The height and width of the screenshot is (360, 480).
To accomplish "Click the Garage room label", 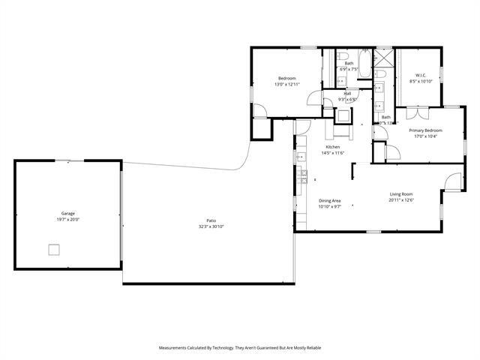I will coord(67,213).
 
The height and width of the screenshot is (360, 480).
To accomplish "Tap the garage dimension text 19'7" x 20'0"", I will coord(67,219).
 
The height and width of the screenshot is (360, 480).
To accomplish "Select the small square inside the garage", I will coord(54,250).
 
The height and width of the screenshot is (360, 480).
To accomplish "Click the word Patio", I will coord(211,220).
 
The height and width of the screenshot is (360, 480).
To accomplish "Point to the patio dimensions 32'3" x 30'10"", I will coord(211,226).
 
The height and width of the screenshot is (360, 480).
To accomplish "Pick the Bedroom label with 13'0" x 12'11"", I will coord(286,79).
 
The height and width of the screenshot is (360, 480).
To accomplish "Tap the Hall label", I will coord(347,93).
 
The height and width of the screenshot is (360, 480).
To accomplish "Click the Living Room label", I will coord(402,194).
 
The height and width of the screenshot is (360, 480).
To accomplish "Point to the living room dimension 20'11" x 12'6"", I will coord(402,200).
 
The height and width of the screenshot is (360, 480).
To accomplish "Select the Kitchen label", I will coord(332,147).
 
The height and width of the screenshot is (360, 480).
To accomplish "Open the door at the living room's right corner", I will coord(454,181).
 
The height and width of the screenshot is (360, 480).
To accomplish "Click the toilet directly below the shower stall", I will coord(380,74).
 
